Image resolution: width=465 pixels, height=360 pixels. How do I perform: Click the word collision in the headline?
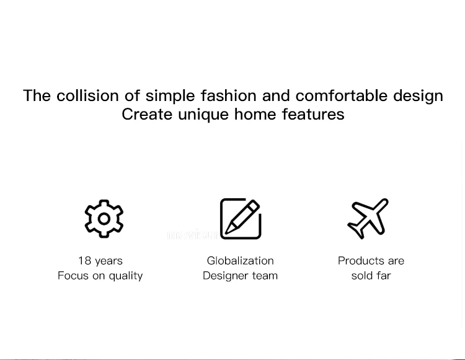click(87, 95)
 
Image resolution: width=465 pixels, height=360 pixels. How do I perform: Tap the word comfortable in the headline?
click(342, 95)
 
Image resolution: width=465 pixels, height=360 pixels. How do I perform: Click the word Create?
click(147, 115)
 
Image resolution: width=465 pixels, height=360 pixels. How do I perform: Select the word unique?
click(203, 115)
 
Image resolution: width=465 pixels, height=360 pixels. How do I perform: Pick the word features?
click(313, 115)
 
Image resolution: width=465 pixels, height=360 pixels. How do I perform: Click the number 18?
click(84, 261)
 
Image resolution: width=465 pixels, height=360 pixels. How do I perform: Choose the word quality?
click(126, 276)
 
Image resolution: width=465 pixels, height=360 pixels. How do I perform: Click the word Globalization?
click(240, 261)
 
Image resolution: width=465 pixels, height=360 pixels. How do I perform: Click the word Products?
click(361, 261)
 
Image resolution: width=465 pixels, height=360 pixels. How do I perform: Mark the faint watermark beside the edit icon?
click(193, 235)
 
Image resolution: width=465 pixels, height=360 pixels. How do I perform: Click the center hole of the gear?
click(104, 219)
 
